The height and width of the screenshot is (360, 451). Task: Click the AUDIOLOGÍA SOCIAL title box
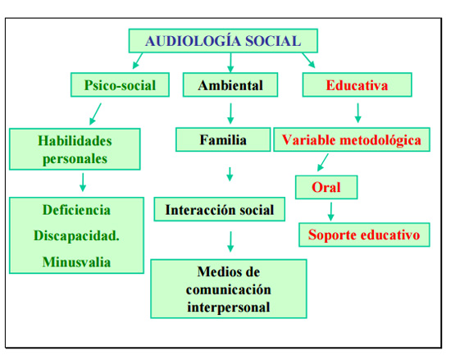pyautogui.click(x=223, y=40)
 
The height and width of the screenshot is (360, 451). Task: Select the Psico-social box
pyautogui.click(x=120, y=84)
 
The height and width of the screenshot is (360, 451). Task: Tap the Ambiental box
pyautogui.click(x=230, y=84)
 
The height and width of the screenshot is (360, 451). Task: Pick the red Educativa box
pyautogui.click(x=357, y=84)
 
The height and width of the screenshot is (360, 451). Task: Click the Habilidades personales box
pyautogui.click(x=75, y=149)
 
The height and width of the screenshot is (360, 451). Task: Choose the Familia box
pyautogui.click(x=223, y=139)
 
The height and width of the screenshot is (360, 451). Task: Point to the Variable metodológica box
pyautogui.click(x=352, y=139)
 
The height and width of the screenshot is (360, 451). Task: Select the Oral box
pyautogui.click(x=326, y=187)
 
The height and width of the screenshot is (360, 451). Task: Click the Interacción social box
pyautogui.click(x=220, y=209)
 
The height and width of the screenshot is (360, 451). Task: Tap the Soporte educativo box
pyautogui.click(x=364, y=235)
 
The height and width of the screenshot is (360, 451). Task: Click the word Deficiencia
pyautogui.click(x=76, y=210)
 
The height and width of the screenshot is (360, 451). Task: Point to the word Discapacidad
pyautogui.click(x=76, y=236)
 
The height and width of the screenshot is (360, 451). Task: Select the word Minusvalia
pyautogui.click(x=76, y=262)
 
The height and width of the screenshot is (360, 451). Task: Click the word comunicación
pyautogui.click(x=229, y=289)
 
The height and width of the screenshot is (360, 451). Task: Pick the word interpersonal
pyautogui.click(x=229, y=308)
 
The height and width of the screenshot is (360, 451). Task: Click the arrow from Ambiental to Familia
pyautogui.click(x=230, y=114)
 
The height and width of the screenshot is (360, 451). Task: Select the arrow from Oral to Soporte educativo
pyautogui.click(x=331, y=212)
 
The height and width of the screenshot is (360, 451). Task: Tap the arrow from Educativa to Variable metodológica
pyautogui.click(x=358, y=113)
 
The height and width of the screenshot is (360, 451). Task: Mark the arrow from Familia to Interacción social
pyautogui.click(x=230, y=174)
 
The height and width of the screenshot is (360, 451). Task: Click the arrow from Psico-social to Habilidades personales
pyautogui.click(x=95, y=114)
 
